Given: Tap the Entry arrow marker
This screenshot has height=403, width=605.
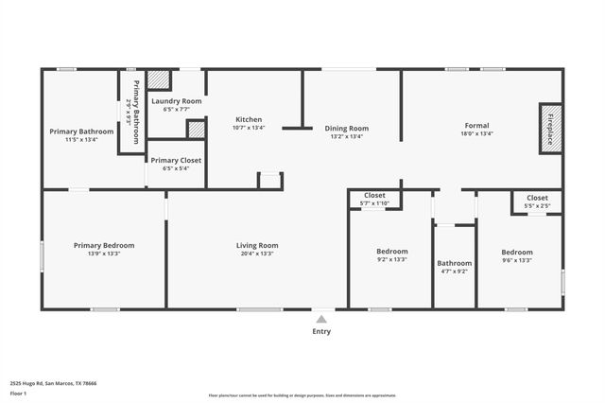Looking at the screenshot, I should [321, 319].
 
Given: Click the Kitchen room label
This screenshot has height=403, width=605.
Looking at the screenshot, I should [249, 119].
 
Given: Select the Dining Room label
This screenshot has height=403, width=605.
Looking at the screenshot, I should [346, 128].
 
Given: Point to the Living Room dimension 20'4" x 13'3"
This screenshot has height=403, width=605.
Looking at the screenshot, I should [256, 254].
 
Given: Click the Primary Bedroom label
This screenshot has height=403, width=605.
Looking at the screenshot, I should [104, 245].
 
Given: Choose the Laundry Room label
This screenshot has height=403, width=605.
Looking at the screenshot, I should [177, 101].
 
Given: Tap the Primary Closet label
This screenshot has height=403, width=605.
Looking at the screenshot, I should [176, 160].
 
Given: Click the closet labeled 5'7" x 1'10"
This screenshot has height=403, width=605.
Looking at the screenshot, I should [374, 203].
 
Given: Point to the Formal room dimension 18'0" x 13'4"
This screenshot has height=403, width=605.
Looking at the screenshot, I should [476, 133].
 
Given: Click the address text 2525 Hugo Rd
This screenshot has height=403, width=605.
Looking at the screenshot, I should [53, 383].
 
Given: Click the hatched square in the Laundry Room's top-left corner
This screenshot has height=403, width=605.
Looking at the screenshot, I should [158, 79].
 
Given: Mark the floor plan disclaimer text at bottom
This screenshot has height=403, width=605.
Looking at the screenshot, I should [302, 395].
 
